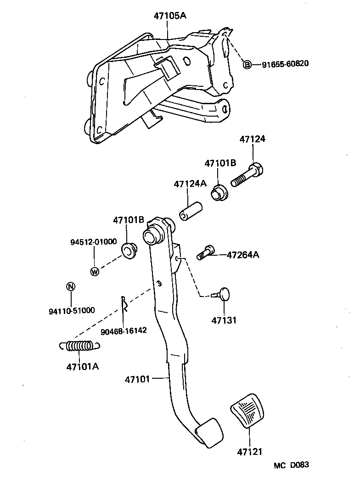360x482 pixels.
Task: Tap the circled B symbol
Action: tap(247, 64)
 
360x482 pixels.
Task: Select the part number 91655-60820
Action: tap(285, 64)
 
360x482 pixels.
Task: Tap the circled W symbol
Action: tap(95, 271)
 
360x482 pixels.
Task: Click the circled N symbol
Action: tap(70, 287)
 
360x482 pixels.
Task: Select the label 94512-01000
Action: tap(94, 242)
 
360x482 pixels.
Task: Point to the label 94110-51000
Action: tap(72, 310)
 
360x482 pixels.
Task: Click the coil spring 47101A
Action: tap(79, 346)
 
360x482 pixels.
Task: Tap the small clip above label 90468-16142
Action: tap(124, 303)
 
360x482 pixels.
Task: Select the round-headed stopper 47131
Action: tap(224, 294)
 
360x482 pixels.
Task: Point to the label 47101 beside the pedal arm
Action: tap(137, 379)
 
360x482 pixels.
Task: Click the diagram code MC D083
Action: tap(292, 465)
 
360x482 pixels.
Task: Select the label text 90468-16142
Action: tap(124, 330)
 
